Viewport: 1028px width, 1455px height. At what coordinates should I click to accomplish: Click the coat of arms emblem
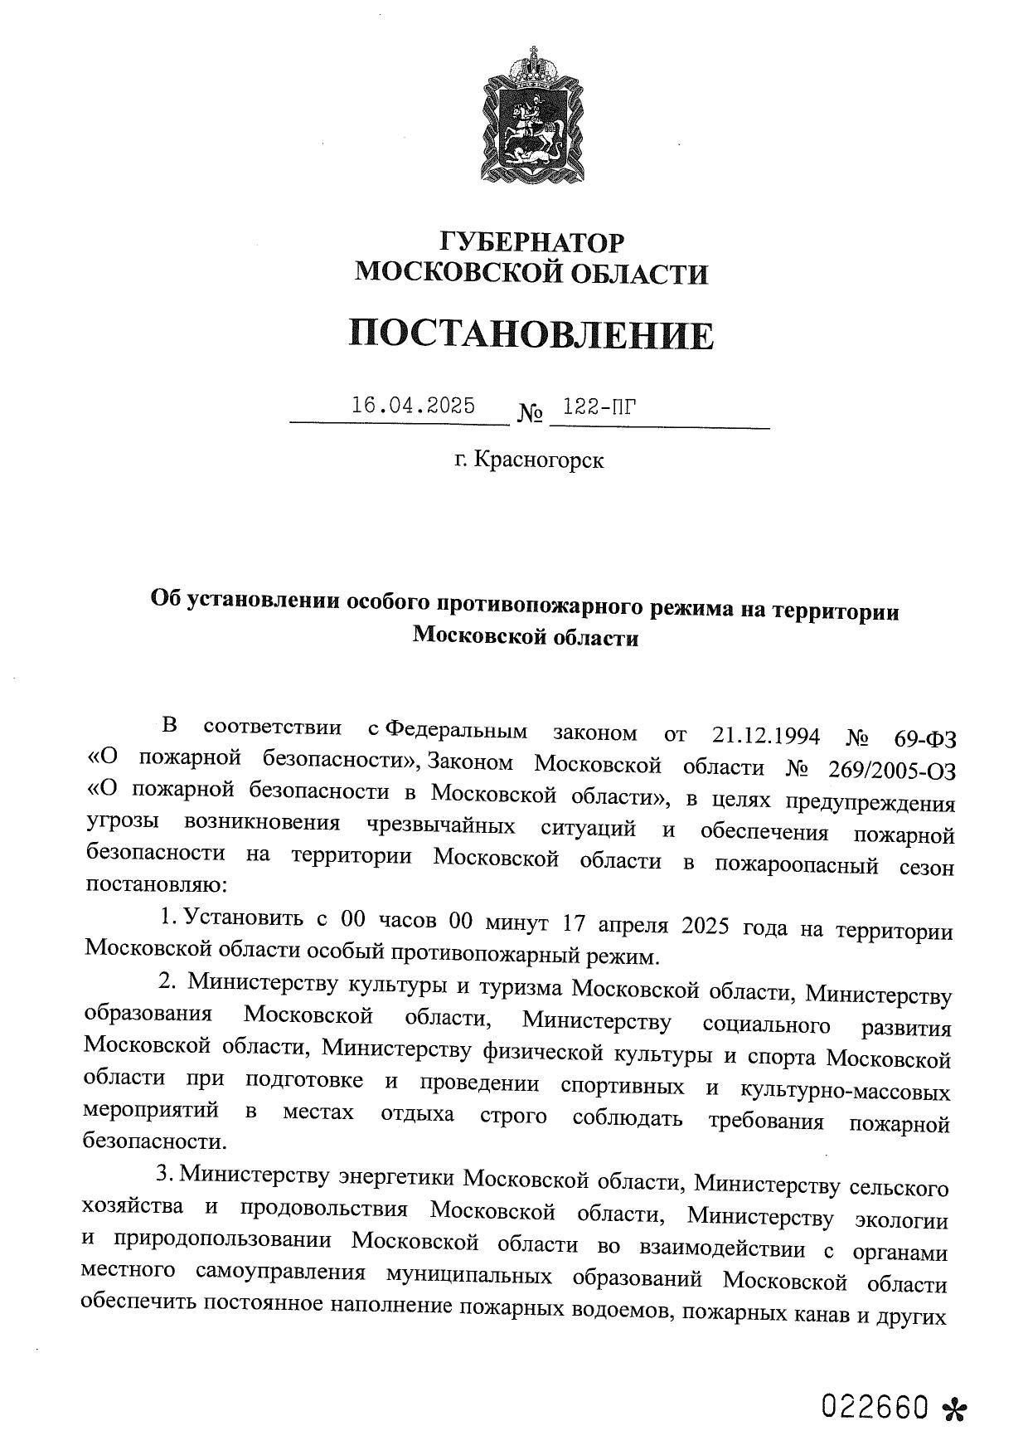[531, 115]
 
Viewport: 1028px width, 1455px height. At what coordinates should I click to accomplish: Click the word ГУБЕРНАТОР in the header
[531, 242]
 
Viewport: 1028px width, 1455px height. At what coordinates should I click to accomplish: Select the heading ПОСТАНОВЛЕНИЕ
[531, 334]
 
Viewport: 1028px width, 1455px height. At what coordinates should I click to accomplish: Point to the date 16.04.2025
[413, 406]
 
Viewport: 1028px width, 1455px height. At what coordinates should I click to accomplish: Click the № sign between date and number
[530, 412]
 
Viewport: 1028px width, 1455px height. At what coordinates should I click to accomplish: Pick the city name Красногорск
[540, 460]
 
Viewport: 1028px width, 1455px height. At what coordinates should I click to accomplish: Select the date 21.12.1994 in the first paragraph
[766, 735]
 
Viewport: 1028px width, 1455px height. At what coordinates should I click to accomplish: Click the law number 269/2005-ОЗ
[892, 770]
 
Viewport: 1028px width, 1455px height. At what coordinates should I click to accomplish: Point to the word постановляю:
[154, 884]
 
